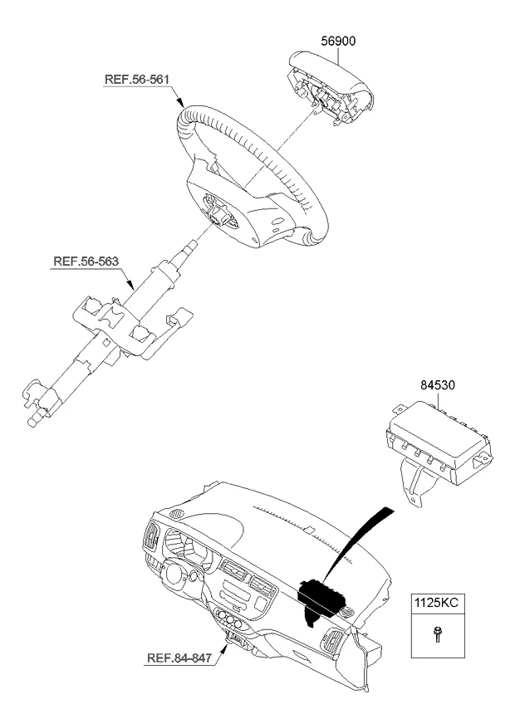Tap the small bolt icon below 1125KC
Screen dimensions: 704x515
tap(437, 636)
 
